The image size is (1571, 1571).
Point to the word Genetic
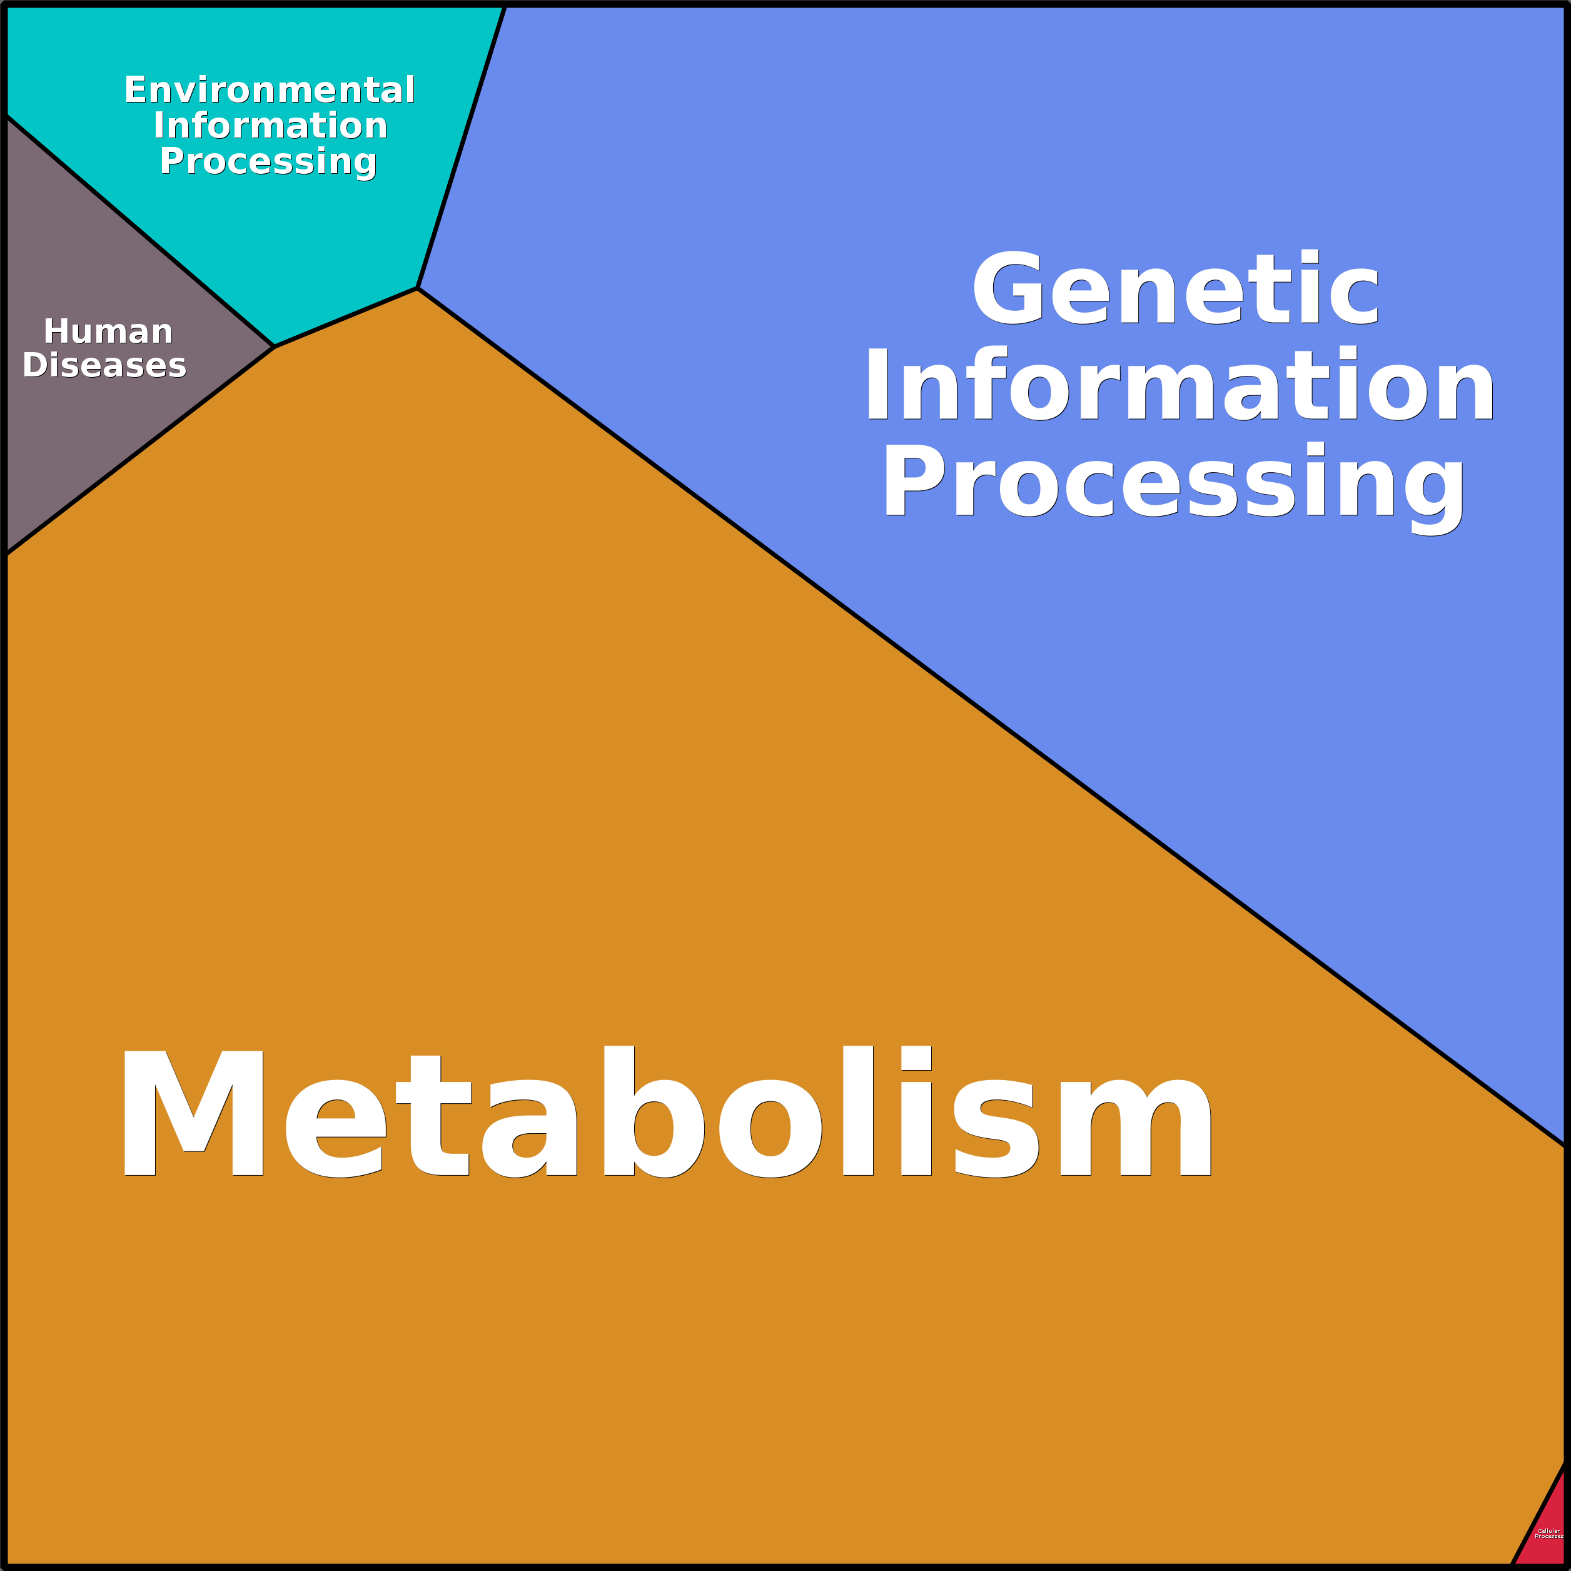(1176, 289)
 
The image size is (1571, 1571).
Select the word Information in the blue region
(1179, 385)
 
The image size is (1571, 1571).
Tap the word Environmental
(269, 89)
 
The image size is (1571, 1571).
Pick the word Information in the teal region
(270, 125)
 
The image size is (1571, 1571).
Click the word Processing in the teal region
(268, 161)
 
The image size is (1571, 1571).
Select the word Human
(108, 331)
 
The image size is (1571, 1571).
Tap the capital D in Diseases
(35, 365)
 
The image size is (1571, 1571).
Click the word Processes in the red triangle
(1549, 1536)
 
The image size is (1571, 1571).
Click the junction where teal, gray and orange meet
(274, 346)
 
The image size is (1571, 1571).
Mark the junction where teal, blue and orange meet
(417, 288)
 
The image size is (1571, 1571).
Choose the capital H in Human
(56, 331)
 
